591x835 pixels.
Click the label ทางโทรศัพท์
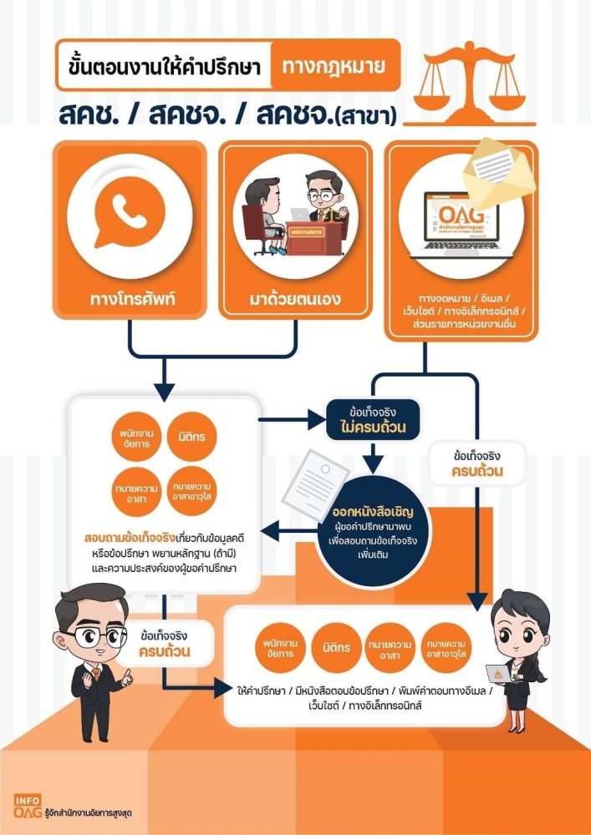click(129, 298)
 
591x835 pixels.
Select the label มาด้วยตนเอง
click(295, 298)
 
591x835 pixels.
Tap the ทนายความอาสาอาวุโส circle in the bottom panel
click(450, 647)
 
